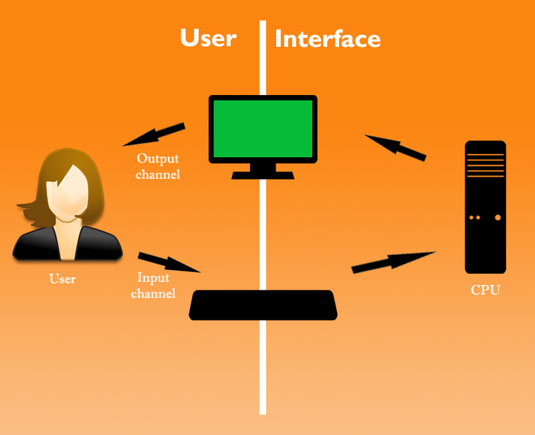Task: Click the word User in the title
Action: coord(208,38)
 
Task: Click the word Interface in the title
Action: coord(328,39)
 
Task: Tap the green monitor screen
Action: coord(263,127)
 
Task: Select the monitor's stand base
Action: coord(263,175)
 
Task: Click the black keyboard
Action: coord(263,305)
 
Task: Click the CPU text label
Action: coord(486,290)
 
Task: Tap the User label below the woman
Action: coord(62,278)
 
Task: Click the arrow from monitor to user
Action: coord(154,134)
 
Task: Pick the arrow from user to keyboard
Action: coord(169,262)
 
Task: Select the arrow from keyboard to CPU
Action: coord(393,261)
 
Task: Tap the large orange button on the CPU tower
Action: coord(498,217)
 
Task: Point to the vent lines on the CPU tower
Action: coord(486,165)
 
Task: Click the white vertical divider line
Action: coord(263,375)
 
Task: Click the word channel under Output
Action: coord(158,175)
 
